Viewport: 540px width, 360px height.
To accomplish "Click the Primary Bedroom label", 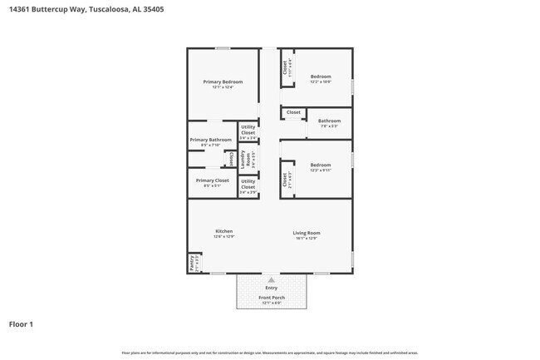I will coord(223,81).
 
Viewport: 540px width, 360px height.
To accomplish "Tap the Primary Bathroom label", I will coord(210,140).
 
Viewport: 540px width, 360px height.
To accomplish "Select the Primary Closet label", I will coord(212,180).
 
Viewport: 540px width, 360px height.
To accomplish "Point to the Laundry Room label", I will coord(243,156).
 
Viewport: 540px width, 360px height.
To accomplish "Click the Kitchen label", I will coord(223,231).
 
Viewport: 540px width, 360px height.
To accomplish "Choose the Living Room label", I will coord(307,232).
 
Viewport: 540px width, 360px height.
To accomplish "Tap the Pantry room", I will coord(192,263).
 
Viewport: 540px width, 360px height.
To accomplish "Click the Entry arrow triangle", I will coord(271,280).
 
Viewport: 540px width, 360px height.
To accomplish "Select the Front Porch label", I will coord(272,297).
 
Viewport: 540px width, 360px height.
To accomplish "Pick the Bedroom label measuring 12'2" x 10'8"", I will coord(321,76).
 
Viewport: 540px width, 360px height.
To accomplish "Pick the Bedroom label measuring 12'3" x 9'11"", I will coord(321,165).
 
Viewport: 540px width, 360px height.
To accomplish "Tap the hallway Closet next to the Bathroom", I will coord(293,112).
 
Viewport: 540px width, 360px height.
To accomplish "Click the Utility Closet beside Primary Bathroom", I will coord(248,130).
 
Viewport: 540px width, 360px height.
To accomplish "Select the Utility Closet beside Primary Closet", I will coord(248,183).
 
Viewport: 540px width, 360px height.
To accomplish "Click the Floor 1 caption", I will coord(21,323).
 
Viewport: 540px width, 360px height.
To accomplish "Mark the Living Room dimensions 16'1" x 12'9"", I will coord(307,239).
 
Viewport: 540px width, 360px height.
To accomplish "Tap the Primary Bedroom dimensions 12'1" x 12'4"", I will coord(223,87).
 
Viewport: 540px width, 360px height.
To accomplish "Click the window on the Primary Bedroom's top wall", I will coord(223,47).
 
